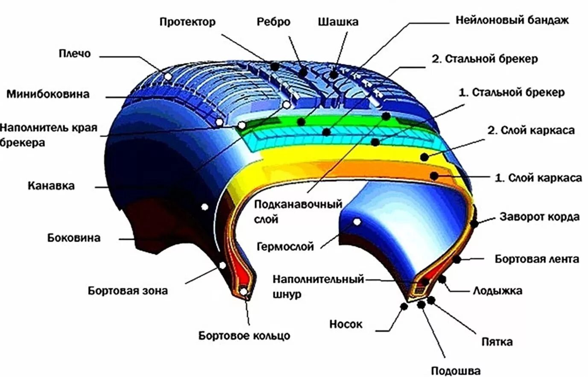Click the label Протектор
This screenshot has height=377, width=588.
(187, 22)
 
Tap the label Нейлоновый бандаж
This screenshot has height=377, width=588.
(512, 20)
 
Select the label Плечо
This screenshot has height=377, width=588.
(75, 54)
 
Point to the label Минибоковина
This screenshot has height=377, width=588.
(48, 94)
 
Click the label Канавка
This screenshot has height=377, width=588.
(51, 186)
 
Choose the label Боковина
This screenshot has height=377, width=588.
(74, 238)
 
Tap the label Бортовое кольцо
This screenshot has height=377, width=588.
(244, 336)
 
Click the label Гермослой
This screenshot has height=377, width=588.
(285, 246)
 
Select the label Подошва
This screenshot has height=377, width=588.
(456, 371)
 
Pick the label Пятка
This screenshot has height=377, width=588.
(497, 342)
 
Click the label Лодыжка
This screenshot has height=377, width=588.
(497, 291)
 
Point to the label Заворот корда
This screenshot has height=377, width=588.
(540, 217)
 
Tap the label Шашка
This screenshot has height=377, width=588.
(338, 22)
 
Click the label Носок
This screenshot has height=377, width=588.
(345, 324)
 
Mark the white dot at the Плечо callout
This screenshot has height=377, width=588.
(168, 76)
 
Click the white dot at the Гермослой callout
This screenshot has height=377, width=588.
(357, 222)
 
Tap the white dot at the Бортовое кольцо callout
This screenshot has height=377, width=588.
(243, 292)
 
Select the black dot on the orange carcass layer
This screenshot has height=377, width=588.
(434, 175)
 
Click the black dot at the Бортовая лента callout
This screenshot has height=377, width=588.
(457, 259)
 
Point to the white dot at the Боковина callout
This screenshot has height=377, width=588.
(205, 207)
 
